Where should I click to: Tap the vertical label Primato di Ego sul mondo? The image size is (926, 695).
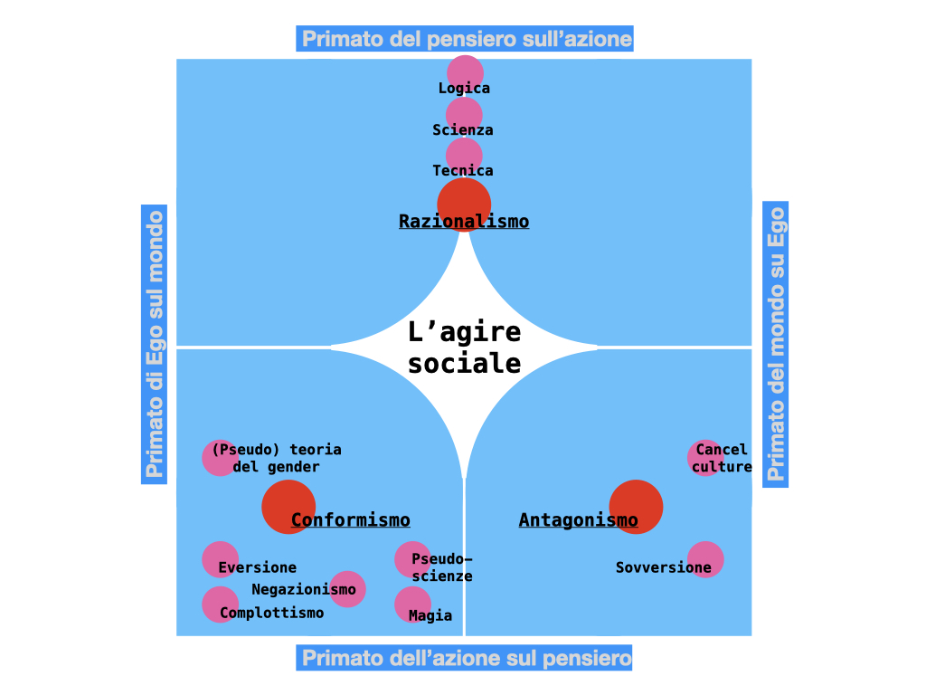155,343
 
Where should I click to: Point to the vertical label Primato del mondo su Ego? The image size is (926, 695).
776,343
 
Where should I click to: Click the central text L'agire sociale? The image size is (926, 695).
464,347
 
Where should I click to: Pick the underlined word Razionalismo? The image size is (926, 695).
464,221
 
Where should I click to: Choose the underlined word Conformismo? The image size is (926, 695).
351,519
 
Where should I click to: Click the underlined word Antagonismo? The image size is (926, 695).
578,519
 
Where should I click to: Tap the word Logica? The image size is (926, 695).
464,88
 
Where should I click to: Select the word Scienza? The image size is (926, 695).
463,129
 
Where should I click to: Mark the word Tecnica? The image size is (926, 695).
463,170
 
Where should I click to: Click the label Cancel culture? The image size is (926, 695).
722,458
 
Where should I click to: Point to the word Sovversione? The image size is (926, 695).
663,567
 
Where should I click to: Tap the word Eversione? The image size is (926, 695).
257,567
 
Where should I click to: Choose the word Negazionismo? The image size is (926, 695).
304,589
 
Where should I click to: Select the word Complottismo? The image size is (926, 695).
271,613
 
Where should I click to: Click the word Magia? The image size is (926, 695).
430,615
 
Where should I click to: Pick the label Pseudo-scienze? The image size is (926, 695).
441,567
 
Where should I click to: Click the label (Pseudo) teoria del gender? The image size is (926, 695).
277,458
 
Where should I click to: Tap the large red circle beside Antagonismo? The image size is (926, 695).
636,507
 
